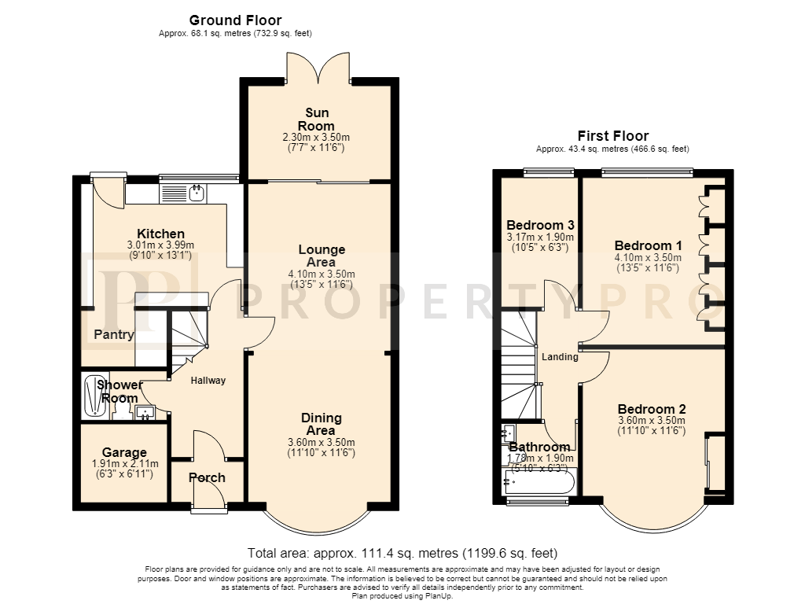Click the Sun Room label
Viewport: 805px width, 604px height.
click(x=316, y=120)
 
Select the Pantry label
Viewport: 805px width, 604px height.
click(x=113, y=335)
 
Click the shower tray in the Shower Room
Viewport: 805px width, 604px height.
click(x=96, y=396)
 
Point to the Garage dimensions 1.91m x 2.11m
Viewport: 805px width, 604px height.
click(x=125, y=463)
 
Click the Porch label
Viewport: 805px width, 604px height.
click(x=207, y=477)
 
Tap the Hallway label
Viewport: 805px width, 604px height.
click(x=208, y=381)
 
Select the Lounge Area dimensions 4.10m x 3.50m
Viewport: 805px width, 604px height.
click(x=322, y=274)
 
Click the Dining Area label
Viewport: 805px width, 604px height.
click(x=322, y=424)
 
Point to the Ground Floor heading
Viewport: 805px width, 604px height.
click(x=235, y=20)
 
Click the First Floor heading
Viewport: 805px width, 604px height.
click(x=613, y=135)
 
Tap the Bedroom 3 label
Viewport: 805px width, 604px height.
click(x=540, y=225)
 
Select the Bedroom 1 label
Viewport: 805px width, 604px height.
click(x=648, y=245)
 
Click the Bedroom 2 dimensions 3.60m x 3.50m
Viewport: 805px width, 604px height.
click(x=651, y=420)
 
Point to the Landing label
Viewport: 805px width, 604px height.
click(x=560, y=356)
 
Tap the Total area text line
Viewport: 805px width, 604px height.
click(x=402, y=553)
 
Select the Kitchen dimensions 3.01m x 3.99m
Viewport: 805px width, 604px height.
click(x=160, y=245)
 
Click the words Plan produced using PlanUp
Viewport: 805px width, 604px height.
click(x=402, y=596)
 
